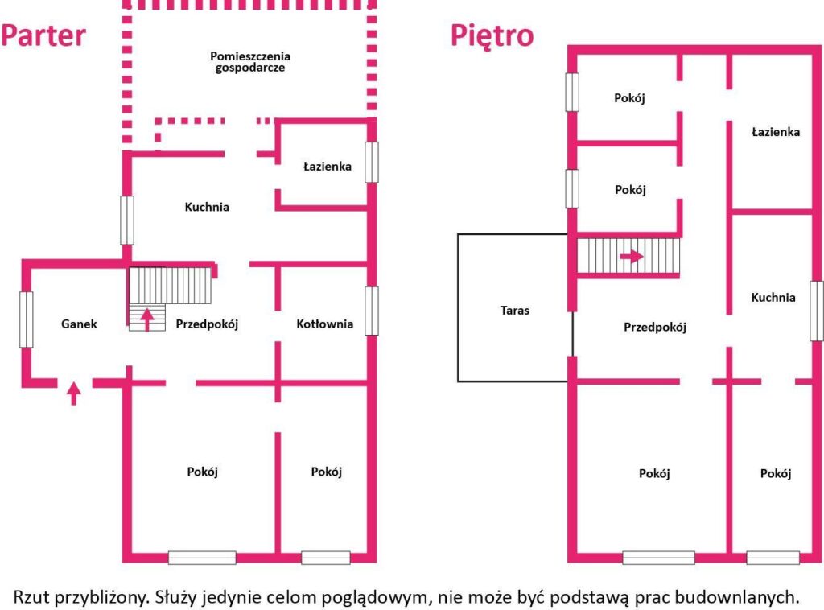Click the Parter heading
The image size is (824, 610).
43,35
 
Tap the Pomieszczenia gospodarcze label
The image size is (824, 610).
250,61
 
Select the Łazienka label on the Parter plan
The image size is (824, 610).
327,167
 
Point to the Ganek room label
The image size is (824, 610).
79,324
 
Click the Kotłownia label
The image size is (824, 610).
324,324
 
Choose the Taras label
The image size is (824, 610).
514,310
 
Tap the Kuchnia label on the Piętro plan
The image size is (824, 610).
773,298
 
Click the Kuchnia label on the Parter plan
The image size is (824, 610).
207,207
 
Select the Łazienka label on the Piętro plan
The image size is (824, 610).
775,132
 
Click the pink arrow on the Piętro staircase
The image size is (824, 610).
632,257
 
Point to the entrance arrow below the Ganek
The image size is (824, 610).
74,394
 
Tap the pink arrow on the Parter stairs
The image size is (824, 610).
147,319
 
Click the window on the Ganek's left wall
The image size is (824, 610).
27,320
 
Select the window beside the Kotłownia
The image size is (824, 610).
372,311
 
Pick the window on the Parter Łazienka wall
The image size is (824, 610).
372,162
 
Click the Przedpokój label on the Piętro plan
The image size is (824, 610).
655,328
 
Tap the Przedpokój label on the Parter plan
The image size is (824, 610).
207,324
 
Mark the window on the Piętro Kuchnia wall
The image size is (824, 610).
817,311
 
